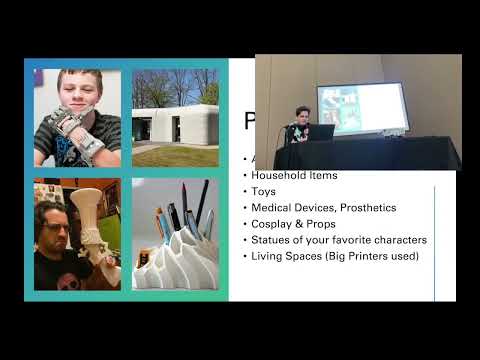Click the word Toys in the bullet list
(x=264, y=191)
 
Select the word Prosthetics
(x=365, y=207)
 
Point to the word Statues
(x=273, y=239)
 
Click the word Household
(x=280, y=175)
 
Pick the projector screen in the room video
(x=362, y=108)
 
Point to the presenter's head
(x=301, y=113)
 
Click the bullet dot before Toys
(x=246, y=191)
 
